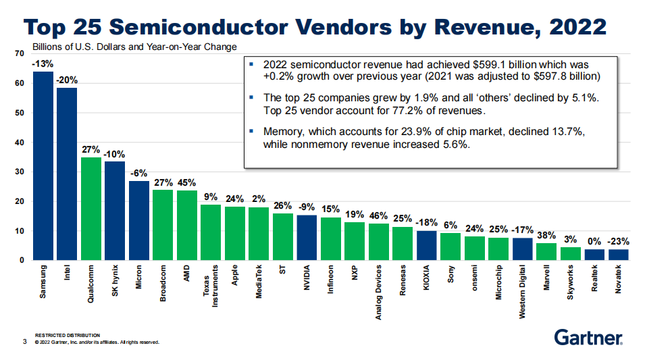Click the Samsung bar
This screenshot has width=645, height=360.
pos(43,165)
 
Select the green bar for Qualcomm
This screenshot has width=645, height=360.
pos(91,209)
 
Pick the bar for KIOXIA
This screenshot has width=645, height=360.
pos(426,245)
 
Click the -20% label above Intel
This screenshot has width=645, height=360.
pos(67,80)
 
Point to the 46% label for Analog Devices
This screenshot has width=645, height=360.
pos(379,215)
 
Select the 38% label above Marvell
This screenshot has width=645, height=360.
pos(547,236)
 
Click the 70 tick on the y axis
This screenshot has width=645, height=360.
pos(19,53)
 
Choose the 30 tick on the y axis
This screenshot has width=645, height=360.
pos(19,172)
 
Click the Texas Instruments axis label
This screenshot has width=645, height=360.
pos(211,286)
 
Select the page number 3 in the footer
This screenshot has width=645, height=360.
pos(24,342)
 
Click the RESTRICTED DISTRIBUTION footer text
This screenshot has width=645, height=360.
pos(68,335)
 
